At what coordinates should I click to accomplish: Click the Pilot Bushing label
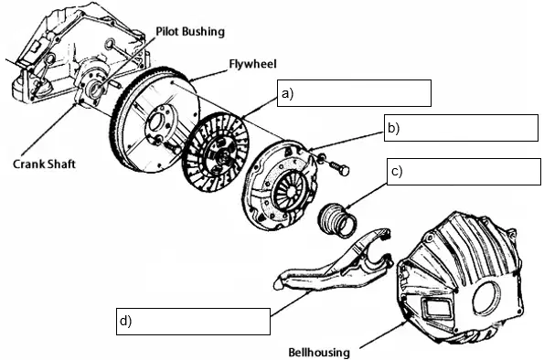point(190,32)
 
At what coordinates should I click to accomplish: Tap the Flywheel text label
point(253,64)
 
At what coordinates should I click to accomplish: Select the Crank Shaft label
point(44,164)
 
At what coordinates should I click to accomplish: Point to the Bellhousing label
point(319,353)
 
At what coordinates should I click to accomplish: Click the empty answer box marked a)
point(354,93)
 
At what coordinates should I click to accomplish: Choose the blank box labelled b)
point(461,128)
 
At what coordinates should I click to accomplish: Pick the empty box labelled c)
point(464,172)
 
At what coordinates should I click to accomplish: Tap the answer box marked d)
point(193,322)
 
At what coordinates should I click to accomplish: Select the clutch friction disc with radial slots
point(216,153)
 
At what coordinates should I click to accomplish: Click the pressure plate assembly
point(280,185)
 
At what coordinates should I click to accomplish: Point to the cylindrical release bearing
point(337,220)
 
